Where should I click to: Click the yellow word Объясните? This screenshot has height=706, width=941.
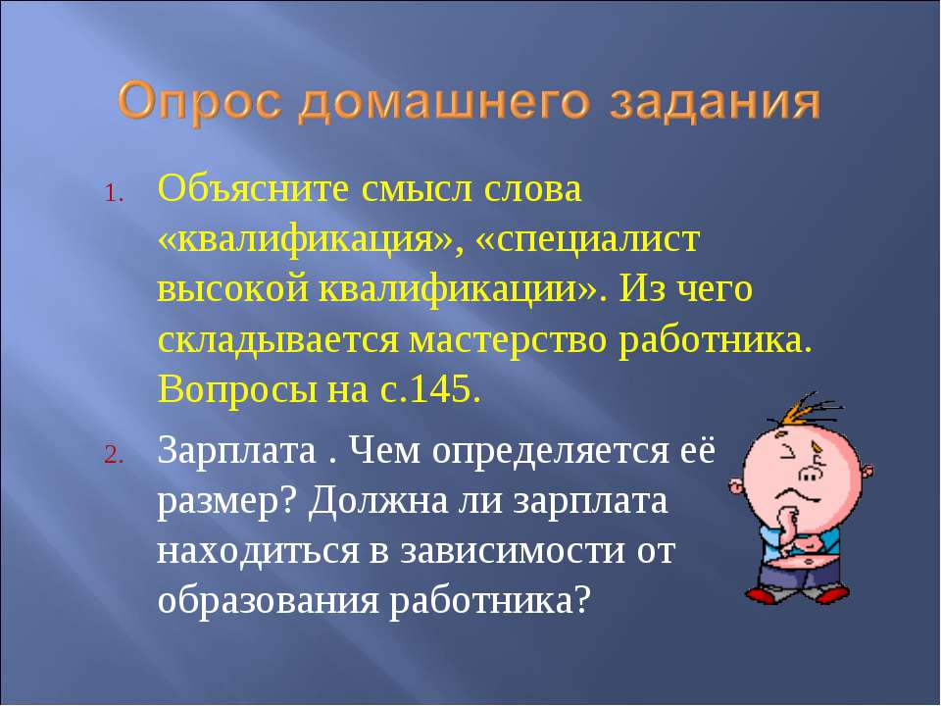tap(253, 188)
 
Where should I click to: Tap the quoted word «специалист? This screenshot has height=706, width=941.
tap(588, 241)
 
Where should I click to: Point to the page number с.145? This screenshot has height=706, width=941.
tap(430, 390)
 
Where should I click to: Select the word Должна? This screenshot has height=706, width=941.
tap(379, 501)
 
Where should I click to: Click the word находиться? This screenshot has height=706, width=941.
tap(258, 552)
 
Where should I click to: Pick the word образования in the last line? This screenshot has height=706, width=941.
tap(269, 601)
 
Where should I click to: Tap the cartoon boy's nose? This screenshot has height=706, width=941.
tap(811, 474)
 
